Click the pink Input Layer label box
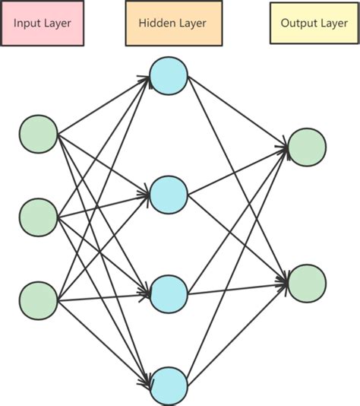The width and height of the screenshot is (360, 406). click(x=42, y=24)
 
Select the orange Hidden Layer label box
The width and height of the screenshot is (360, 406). click(x=172, y=24)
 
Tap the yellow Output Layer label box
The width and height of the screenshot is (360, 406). click(x=314, y=24)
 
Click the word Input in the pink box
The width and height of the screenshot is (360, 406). click(x=27, y=24)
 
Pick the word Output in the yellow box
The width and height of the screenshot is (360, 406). click(x=298, y=24)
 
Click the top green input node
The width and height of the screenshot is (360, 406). click(x=38, y=135)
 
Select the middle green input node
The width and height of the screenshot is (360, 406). click(x=38, y=217)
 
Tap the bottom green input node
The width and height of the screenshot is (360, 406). click(x=38, y=300)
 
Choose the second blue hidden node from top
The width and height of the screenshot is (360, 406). click(x=168, y=194)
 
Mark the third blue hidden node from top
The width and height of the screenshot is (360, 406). click(x=168, y=294)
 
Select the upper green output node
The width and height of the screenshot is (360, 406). click(x=307, y=147)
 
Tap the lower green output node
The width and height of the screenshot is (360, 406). click(x=307, y=284)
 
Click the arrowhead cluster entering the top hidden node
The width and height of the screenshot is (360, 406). click(x=144, y=78)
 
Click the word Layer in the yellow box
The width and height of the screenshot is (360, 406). click(x=333, y=24)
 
